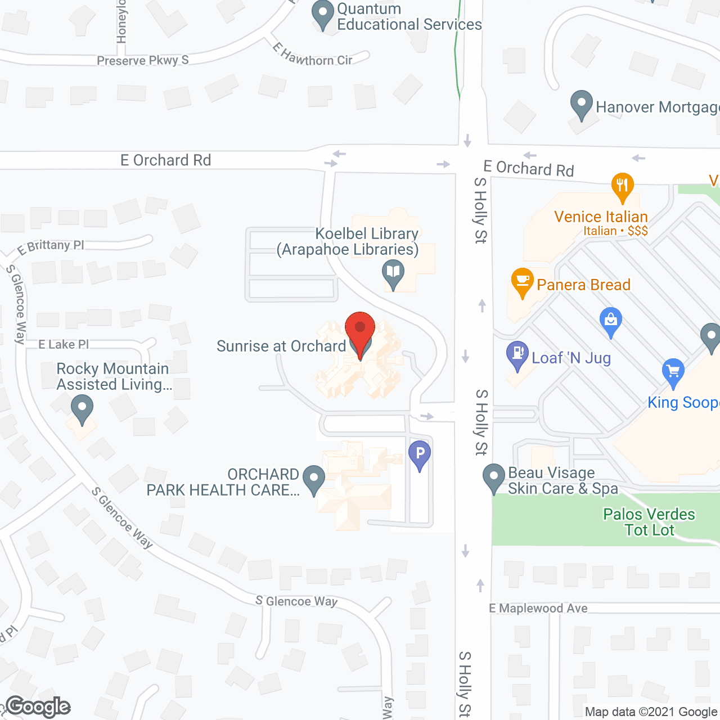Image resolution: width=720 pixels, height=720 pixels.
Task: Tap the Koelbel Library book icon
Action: [393, 273]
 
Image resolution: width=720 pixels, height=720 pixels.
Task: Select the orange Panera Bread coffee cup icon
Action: [522, 281]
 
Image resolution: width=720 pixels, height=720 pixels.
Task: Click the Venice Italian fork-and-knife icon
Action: [622, 186]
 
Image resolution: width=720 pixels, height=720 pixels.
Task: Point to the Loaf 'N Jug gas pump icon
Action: [517, 354]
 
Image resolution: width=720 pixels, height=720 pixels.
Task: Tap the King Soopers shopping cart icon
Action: [673, 372]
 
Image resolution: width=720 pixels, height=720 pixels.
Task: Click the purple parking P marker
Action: [420, 453]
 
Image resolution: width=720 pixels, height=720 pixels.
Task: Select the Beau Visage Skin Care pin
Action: [494, 476]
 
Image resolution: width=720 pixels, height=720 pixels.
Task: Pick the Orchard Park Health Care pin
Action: [314, 479]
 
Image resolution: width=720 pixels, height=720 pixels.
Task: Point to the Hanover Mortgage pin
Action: [582, 104]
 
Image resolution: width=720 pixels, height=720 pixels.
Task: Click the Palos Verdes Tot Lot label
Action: [649, 522]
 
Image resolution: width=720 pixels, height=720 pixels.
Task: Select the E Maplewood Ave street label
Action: [538, 608]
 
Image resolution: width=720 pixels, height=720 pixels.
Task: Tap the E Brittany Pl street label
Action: [51, 246]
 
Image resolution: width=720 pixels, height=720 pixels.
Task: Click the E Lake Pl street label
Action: [64, 344]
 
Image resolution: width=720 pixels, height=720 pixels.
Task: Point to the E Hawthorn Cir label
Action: [313, 55]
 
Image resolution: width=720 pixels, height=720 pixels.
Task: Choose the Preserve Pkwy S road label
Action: [142, 60]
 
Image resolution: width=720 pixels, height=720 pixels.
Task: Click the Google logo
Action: [38, 707]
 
